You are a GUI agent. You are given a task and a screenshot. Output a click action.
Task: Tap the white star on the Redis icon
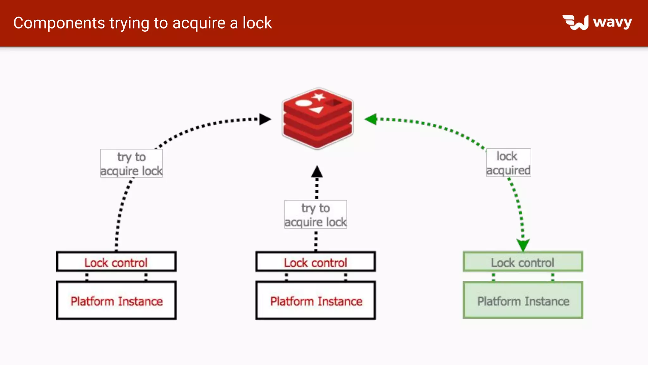[319, 97]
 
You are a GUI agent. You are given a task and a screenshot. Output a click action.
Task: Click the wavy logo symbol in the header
[576, 22]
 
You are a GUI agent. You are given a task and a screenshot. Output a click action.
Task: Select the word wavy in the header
[612, 22]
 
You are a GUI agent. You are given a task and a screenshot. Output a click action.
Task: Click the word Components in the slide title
[59, 23]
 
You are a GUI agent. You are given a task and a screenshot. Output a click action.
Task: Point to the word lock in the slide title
[257, 23]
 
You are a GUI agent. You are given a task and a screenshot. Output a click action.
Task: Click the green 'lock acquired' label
[508, 163]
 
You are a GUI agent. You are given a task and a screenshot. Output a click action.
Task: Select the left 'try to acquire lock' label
[131, 163]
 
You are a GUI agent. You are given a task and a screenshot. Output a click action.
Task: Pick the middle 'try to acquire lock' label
[315, 215]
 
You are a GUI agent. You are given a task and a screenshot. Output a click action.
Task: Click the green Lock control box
[523, 262]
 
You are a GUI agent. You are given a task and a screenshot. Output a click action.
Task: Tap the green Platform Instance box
[523, 300]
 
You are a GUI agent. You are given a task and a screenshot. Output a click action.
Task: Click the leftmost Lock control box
[116, 262]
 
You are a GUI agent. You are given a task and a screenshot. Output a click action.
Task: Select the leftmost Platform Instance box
[116, 300]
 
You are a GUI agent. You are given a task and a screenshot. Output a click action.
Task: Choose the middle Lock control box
[315, 262]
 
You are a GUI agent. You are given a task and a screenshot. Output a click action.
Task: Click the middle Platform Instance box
[315, 300]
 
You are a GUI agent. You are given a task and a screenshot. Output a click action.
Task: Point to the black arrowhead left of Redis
[265, 119]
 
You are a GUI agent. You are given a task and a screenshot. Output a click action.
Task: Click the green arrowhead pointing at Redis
[371, 119]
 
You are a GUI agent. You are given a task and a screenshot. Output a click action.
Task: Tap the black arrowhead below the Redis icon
[317, 172]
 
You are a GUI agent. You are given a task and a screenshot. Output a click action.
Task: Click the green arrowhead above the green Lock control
[523, 245]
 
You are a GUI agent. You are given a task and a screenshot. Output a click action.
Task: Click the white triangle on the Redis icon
[317, 110]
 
